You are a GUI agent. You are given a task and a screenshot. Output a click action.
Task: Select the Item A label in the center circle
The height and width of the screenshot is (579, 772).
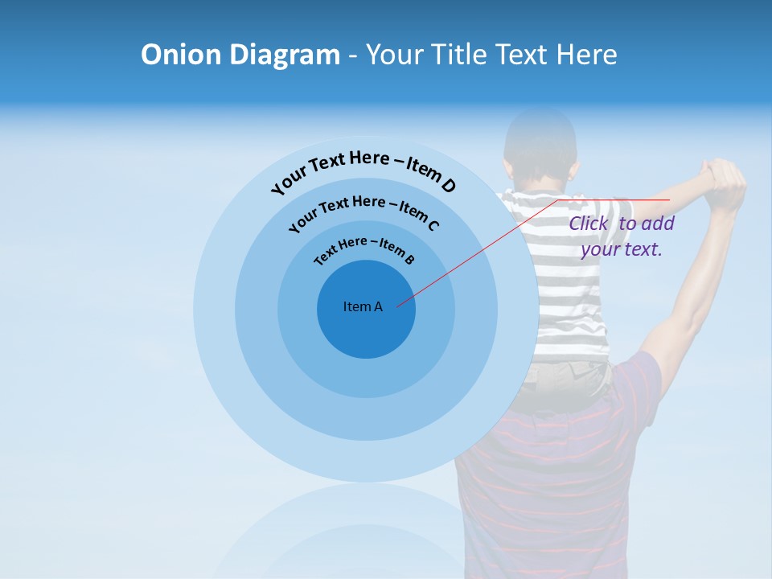click(363, 306)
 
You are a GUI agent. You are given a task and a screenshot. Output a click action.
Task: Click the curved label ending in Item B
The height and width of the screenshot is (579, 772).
click(363, 248)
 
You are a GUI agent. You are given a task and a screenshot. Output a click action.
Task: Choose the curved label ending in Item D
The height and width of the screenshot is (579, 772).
click(363, 170)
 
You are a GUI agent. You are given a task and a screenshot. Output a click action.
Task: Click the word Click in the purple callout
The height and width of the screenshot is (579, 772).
click(589, 224)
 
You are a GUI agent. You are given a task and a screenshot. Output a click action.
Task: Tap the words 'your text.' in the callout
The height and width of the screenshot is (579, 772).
click(621, 249)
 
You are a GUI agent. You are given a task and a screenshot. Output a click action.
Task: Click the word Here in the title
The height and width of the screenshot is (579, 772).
click(585, 55)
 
